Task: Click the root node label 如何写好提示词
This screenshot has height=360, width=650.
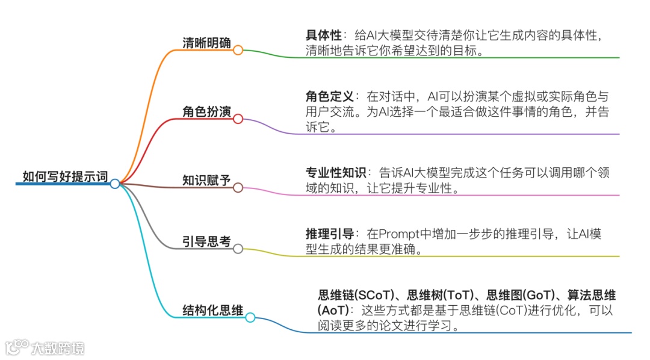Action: click(x=65, y=176)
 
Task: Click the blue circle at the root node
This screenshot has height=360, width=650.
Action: click(x=115, y=184)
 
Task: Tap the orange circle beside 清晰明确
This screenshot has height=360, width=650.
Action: click(x=238, y=51)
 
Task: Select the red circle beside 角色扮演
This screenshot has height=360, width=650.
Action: click(x=238, y=119)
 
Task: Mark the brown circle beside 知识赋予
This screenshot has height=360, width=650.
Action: click(x=238, y=188)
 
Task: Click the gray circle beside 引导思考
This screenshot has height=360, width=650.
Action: click(x=238, y=249)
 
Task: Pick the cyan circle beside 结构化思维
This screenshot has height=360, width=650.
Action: click(x=250, y=318)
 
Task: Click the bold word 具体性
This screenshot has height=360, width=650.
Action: click(x=324, y=36)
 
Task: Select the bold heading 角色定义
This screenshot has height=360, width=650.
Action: click(x=330, y=97)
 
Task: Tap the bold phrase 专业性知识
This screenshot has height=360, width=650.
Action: click(x=336, y=173)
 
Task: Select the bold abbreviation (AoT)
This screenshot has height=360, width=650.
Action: click(x=333, y=311)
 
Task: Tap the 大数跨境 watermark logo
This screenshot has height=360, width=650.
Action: click(x=45, y=348)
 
